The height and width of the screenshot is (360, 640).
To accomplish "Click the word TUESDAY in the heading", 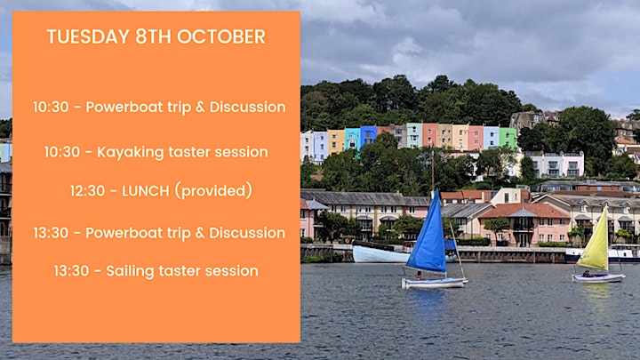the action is tap(88, 36).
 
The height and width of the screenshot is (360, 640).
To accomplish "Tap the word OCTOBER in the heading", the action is tap(221, 36).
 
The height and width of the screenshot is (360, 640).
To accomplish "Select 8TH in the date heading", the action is tap(153, 36).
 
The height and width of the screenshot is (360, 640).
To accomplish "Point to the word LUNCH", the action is tap(145, 191).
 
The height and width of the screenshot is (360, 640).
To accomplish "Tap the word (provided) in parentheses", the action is tap(213, 190).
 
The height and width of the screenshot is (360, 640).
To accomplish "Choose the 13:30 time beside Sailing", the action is tap(71, 271).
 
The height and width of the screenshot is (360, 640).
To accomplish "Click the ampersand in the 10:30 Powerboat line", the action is tap(200, 108).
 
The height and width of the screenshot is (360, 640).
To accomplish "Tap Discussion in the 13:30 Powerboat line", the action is tap(247, 233).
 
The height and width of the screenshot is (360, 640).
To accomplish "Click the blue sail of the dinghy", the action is tap(428, 236).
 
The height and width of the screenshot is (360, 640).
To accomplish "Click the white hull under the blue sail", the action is tap(434, 283).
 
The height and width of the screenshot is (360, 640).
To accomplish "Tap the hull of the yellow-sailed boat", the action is tap(598, 278).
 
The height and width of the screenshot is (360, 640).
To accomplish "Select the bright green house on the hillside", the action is tap(508, 139).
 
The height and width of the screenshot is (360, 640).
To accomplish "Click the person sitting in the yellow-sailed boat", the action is tap(588, 274).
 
